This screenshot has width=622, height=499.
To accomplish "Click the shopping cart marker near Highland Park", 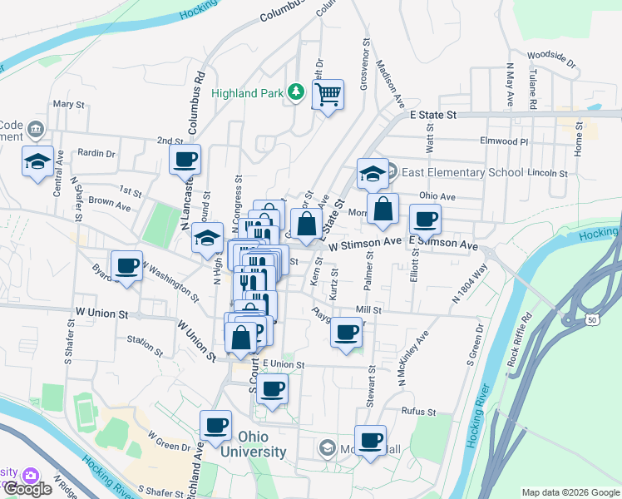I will [x=328, y=96].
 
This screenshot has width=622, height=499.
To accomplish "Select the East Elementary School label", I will [x=462, y=172].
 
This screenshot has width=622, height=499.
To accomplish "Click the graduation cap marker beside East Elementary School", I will [x=373, y=174].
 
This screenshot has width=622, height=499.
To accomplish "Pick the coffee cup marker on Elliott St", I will [x=425, y=220].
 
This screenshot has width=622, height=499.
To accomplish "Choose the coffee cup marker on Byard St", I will [x=126, y=266].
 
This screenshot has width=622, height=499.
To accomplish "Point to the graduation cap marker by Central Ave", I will [x=38, y=161].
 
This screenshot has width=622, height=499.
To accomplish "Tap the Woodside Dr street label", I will [x=550, y=59].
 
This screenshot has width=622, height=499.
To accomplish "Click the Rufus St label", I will [x=418, y=412].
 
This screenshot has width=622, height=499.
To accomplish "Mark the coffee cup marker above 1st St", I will [x=185, y=159].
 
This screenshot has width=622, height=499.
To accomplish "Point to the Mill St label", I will [x=368, y=309].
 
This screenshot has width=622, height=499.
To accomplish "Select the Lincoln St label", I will [x=550, y=174].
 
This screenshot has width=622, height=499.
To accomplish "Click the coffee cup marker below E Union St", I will [x=272, y=388].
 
